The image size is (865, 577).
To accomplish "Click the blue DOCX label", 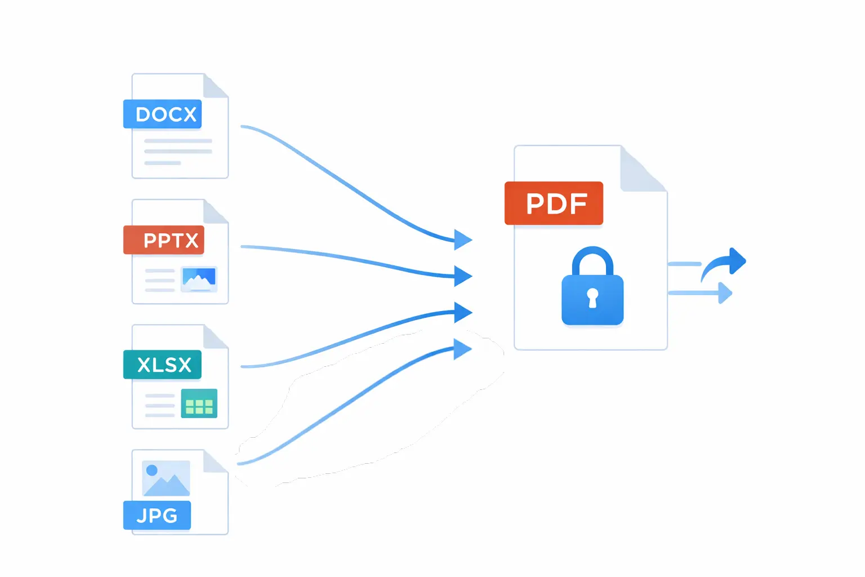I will tap(163, 114).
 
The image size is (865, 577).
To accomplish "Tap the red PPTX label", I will tap(164, 240).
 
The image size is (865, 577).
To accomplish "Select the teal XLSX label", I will tap(163, 365).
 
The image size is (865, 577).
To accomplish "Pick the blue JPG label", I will tap(157, 515).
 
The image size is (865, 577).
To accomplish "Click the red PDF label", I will tap(554, 203).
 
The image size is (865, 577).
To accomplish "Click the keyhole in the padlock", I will tap(592, 297).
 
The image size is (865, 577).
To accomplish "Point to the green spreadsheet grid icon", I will tap(199, 403).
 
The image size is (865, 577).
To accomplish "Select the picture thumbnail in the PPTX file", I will tap(199, 278).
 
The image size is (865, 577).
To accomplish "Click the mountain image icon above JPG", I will tap(166, 478).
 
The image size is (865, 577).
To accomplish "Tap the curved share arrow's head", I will tap(737, 261).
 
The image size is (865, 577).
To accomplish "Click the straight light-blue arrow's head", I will tap(725, 293).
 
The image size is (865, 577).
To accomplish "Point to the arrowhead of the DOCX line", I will tap(463, 239).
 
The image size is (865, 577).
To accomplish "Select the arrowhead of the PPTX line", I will tap(463, 276).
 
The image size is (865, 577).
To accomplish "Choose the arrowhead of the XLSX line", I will tap(463, 313).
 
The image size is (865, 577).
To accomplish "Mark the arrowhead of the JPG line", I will tap(462, 349).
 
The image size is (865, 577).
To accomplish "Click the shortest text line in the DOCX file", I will tap(162, 163).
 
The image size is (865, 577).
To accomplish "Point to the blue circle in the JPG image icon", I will tap(151, 470).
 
